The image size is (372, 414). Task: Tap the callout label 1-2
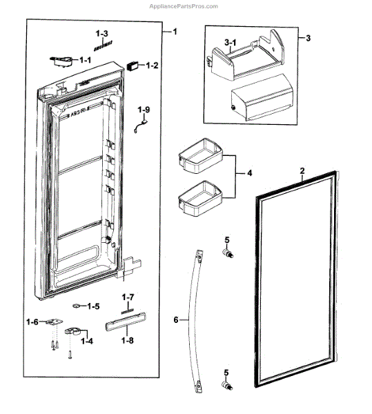tap(153, 66)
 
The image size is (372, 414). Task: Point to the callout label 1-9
tap(143, 110)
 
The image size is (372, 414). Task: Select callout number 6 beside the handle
tap(176, 320)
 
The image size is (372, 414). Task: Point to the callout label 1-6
tap(32, 322)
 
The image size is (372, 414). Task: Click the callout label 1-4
tap(87, 340)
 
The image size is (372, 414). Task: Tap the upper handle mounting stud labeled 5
tap(225, 253)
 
